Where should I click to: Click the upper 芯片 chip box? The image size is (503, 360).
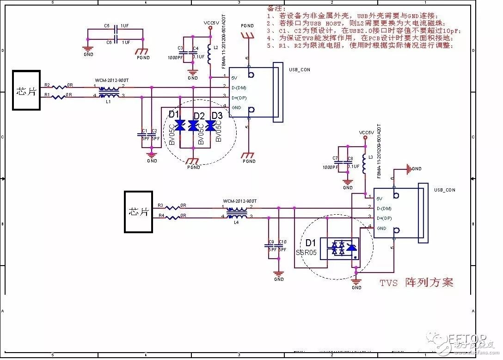26,90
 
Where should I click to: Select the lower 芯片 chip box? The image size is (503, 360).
138,211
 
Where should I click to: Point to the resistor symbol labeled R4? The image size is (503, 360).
173,217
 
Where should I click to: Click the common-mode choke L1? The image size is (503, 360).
109,92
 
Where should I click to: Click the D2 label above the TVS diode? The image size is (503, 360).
199,115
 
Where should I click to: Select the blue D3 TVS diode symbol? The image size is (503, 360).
210,126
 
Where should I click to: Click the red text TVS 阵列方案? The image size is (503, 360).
416,282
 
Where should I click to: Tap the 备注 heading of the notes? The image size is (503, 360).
274,8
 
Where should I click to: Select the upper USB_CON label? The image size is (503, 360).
300,69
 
